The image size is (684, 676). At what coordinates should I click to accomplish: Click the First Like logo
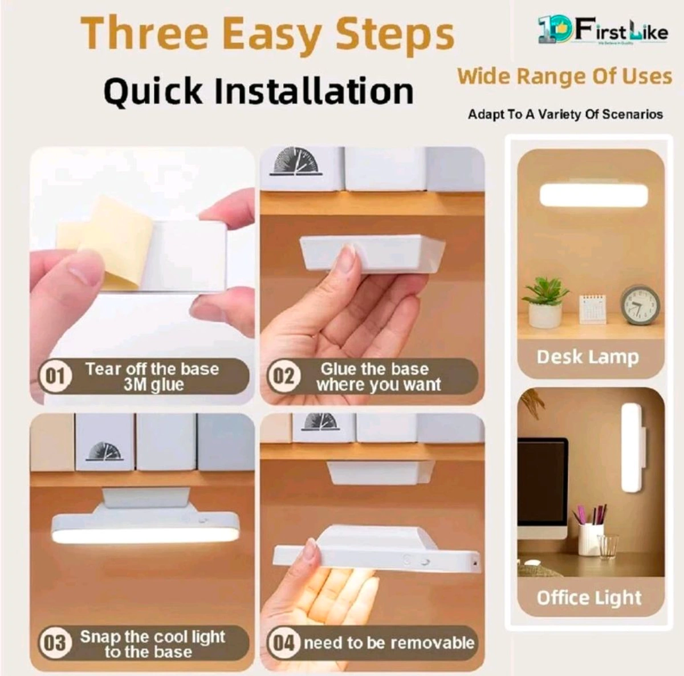(602, 32)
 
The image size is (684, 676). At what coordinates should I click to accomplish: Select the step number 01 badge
(54, 377)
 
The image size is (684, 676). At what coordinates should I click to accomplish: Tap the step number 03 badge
(54, 643)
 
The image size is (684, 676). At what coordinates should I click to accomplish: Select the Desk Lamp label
(588, 358)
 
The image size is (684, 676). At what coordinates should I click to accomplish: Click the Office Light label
(589, 598)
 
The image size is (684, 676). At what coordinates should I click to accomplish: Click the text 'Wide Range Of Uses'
(565, 76)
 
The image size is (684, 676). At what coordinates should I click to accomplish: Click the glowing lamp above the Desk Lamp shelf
(593, 195)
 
